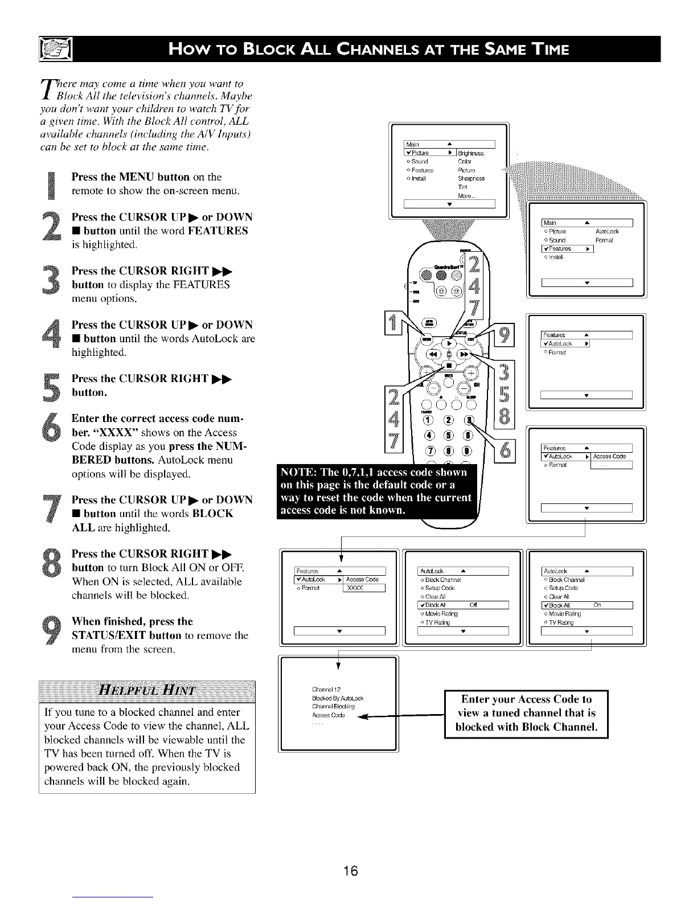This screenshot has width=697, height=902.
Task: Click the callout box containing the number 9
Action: coord(504,334)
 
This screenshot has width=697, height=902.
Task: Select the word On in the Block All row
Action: coord(597,605)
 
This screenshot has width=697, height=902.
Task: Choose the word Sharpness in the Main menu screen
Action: coord(471,178)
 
